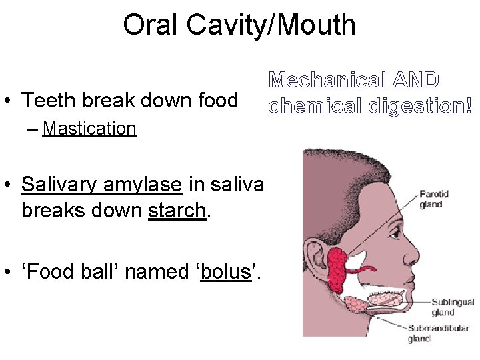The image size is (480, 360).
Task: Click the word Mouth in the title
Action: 318,25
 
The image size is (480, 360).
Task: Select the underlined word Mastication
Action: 89,128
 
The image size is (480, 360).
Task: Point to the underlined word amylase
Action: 142,183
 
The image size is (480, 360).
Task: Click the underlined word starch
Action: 177,211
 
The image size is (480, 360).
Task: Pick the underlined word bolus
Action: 226,272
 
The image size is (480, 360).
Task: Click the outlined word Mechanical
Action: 326,81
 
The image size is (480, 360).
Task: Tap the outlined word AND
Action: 415,81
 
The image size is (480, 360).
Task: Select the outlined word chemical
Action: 307,105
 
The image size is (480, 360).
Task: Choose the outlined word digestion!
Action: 411,105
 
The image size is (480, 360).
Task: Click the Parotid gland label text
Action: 434,199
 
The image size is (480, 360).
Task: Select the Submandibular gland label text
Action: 438,333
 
